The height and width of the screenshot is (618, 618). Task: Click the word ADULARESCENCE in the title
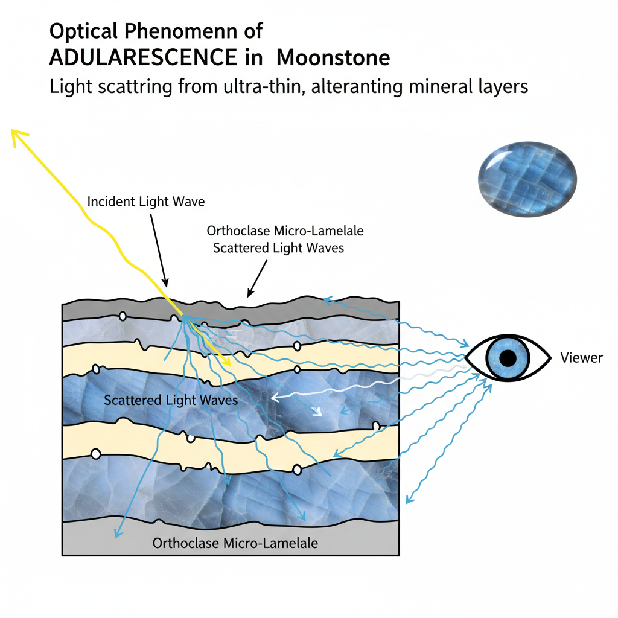[142, 58]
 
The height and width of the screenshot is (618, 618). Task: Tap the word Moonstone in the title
[333, 58]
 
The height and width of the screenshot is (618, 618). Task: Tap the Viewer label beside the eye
[581, 358]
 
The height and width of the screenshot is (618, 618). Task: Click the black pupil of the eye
[508, 358]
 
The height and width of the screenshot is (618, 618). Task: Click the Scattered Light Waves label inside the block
[171, 400]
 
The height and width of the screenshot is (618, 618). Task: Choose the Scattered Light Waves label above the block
[278, 248]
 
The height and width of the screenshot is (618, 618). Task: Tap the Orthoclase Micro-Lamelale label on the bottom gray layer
[235, 543]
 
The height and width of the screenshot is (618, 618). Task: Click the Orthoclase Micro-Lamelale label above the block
[285, 231]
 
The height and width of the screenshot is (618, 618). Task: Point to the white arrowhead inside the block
[274, 397]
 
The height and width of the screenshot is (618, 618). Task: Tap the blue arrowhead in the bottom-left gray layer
[115, 534]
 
